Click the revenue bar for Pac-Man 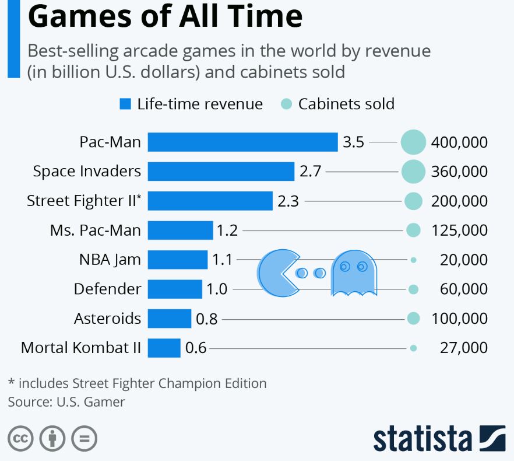coord(242,142)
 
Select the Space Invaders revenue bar coord(221,172)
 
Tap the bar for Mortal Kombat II coord(164,348)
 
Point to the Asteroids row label coord(107,319)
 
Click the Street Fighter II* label coord(84,201)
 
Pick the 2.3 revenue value coord(288,201)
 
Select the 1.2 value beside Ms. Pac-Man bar coord(227,230)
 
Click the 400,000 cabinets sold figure coord(459,142)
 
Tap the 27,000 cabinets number coord(463,348)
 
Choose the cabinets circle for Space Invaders coord(414,172)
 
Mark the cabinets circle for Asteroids coord(413,318)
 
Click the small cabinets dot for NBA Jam coord(413,260)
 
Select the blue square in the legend coord(125,104)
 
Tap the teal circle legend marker coord(286,104)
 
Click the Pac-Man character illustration coord(277,273)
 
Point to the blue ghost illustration coord(354,273)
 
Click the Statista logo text coord(423,438)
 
